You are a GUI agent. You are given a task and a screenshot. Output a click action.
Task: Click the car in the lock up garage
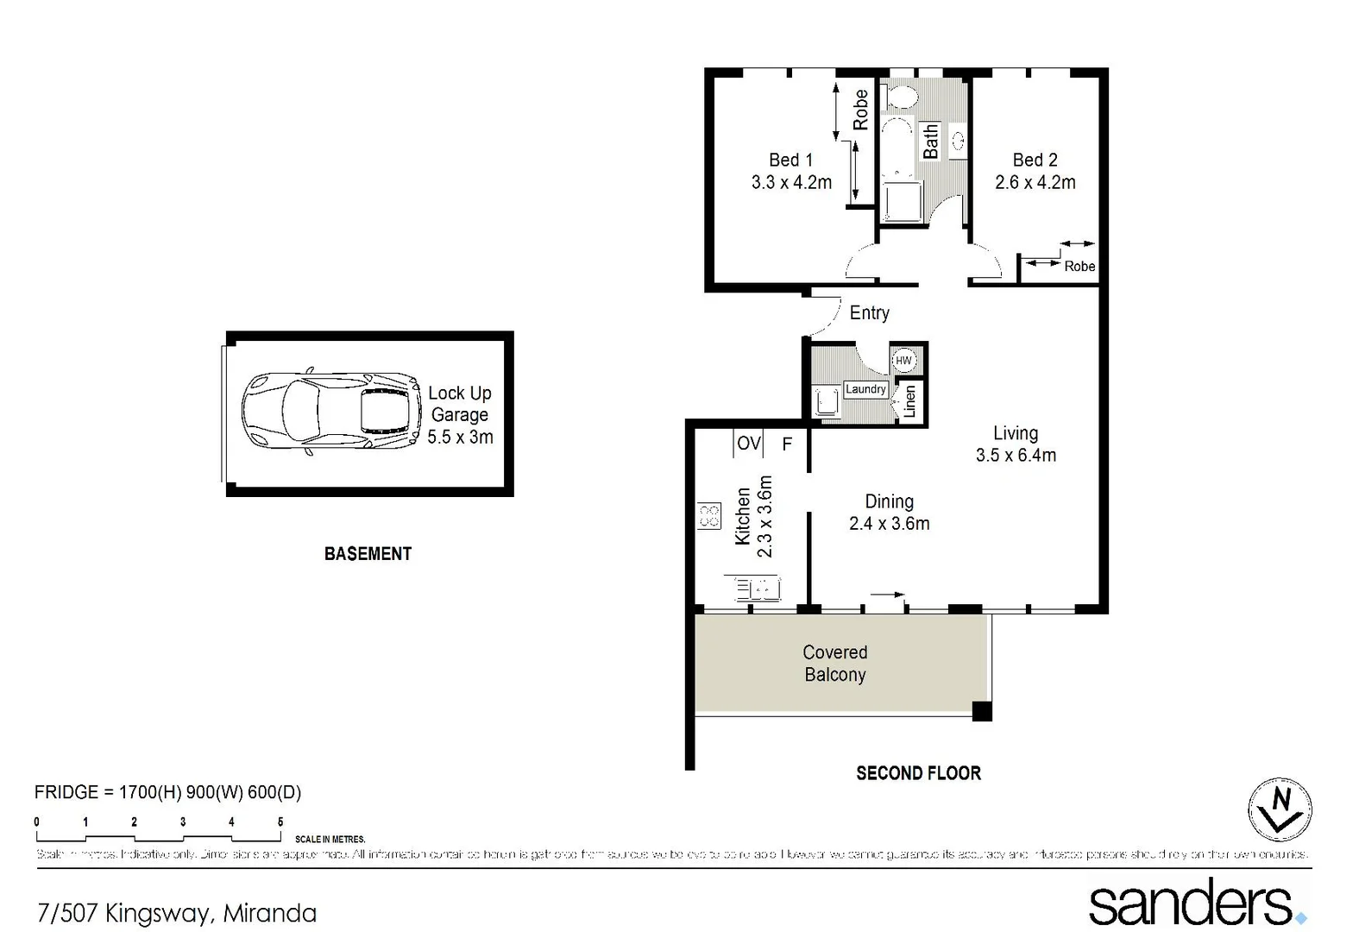tap(331, 412)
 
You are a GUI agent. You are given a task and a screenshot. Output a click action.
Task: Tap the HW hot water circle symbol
tap(903, 361)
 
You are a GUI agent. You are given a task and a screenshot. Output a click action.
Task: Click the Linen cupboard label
tap(909, 401)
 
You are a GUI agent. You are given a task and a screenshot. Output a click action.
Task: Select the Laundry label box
tap(865, 389)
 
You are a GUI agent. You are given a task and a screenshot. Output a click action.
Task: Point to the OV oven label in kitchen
tap(748, 444)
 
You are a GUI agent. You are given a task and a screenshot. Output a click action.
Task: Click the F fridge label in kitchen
tap(787, 444)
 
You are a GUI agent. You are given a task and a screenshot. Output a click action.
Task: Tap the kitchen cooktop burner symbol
tap(708, 516)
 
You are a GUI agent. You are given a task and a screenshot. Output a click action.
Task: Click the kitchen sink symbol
tap(758, 589)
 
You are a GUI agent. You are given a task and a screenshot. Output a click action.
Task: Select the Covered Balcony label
tap(834, 664)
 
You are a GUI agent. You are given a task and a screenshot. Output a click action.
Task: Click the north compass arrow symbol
tap(1280, 809)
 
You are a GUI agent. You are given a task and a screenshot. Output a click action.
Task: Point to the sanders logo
tap(1195, 904)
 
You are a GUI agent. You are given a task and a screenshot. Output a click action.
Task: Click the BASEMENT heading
tap(368, 554)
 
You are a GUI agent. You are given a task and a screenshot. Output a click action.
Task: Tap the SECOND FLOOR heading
tap(918, 773)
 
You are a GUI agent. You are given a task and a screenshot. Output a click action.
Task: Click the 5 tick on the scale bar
tap(280, 822)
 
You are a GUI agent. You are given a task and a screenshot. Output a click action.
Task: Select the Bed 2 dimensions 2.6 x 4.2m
tap(1035, 183)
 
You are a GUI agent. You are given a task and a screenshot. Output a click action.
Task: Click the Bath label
tap(930, 142)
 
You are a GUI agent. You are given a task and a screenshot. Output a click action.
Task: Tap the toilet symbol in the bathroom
tap(901, 96)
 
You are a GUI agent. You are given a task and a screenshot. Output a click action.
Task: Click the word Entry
tap(869, 313)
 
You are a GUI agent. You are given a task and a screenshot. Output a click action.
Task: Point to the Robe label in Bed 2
tap(1079, 267)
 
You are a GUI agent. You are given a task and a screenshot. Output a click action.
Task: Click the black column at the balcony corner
tap(981, 712)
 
